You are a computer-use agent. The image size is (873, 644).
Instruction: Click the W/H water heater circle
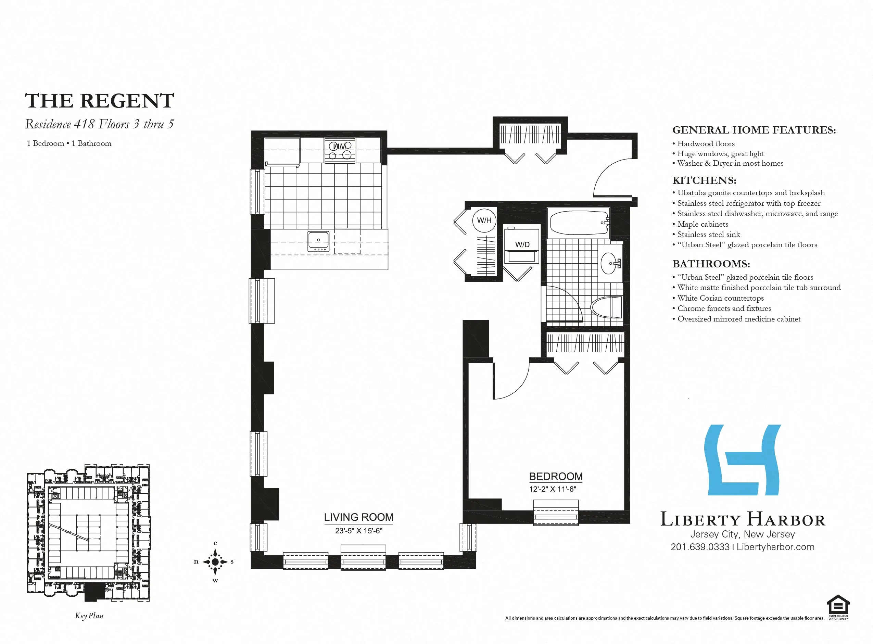click(x=484, y=220)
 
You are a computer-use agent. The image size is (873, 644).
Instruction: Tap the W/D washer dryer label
click(x=522, y=244)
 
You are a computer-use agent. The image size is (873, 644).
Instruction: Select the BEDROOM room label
click(x=556, y=476)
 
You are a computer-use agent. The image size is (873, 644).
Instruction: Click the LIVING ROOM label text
click(x=358, y=517)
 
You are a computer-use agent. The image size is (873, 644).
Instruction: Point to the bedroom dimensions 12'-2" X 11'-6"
click(x=552, y=489)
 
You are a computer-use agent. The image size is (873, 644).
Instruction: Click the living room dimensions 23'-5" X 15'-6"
click(x=358, y=531)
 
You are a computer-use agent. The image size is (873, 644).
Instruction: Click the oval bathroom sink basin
click(x=608, y=263)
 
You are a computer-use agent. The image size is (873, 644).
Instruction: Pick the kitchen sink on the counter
click(x=318, y=242)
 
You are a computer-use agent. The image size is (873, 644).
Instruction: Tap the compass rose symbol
click(x=215, y=561)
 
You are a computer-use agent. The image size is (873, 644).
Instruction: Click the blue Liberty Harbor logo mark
click(x=743, y=460)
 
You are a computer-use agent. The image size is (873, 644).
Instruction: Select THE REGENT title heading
click(x=99, y=101)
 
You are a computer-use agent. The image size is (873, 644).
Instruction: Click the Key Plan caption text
click(x=89, y=616)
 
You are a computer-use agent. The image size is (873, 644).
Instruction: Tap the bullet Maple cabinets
click(x=702, y=224)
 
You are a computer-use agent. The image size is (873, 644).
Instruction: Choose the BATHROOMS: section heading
click(x=711, y=264)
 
